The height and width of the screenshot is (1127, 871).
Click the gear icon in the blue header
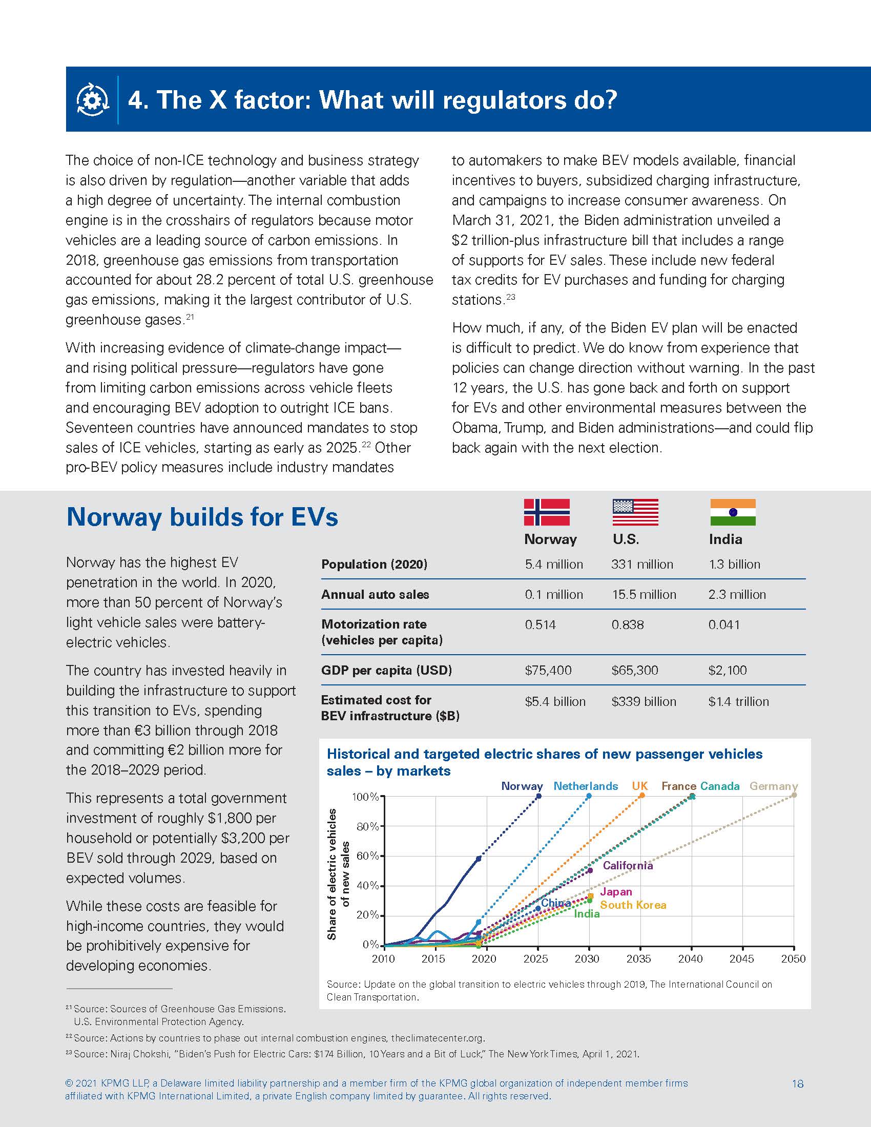[93, 99]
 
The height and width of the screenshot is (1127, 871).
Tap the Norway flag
[547, 512]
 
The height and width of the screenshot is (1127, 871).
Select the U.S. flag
[635, 512]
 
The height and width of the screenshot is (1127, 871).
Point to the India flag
[733, 512]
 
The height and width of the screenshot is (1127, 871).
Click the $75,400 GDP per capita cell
[548, 671]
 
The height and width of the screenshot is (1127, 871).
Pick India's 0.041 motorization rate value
[724, 625]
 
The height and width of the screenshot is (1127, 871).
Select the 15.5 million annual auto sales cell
[644, 594]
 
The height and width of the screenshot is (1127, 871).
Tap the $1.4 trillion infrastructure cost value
[738, 702]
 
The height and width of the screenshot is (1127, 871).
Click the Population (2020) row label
[374, 564]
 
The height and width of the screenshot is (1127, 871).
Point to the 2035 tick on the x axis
[639, 959]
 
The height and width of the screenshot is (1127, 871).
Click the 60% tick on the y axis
[367, 856]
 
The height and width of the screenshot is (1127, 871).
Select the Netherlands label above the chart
[586, 786]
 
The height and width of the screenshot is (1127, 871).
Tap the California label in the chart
[628, 865]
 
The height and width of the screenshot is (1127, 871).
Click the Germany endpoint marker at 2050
[794, 795]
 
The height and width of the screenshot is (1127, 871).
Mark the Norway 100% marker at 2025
[538, 796]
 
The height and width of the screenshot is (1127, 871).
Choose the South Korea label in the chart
[633, 905]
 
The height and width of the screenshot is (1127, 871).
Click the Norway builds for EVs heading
[202, 517]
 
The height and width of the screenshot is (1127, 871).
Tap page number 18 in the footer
[797, 1083]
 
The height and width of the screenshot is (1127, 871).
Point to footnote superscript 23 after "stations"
[510, 297]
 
